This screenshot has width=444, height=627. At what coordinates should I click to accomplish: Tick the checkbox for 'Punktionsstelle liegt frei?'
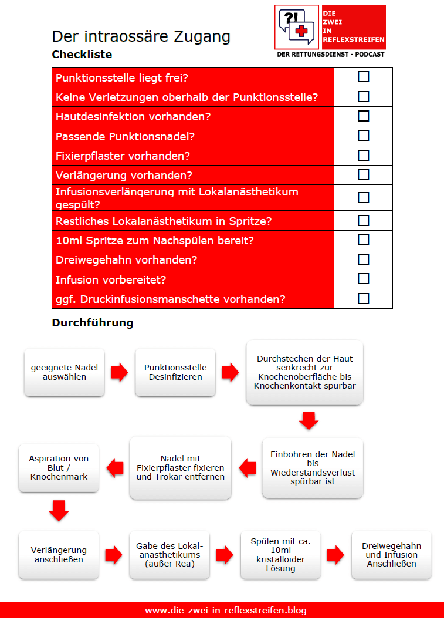(x=364, y=77)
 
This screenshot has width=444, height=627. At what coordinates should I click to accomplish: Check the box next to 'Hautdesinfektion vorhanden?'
(x=364, y=116)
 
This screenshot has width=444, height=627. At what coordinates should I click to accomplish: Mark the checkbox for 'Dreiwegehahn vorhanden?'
(x=364, y=259)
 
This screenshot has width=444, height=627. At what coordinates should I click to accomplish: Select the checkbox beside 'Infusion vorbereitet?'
(x=364, y=278)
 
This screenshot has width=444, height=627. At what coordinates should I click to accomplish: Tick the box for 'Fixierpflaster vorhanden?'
(x=364, y=155)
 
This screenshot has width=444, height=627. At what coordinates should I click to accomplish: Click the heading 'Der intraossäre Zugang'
(x=141, y=36)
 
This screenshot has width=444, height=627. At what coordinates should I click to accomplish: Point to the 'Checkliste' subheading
(x=82, y=55)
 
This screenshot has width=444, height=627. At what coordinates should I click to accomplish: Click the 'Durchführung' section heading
(x=92, y=323)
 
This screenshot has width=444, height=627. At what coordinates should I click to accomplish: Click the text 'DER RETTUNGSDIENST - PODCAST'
(x=330, y=54)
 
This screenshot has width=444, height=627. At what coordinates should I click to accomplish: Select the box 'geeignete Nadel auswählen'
(x=65, y=372)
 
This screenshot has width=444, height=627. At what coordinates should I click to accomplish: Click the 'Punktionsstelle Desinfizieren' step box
(x=175, y=372)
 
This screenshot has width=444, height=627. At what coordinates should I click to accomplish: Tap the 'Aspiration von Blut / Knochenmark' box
(x=59, y=467)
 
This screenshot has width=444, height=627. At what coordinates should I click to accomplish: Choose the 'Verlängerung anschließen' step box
(x=59, y=555)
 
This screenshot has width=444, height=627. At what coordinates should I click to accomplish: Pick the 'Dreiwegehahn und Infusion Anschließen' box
(x=391, y=555)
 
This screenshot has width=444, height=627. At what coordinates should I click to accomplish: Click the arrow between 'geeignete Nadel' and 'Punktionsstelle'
(x=120, y=372)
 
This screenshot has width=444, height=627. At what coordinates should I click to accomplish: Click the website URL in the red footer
(x=226, y=611)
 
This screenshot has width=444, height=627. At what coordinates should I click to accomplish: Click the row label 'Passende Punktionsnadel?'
(x=125, y=136)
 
